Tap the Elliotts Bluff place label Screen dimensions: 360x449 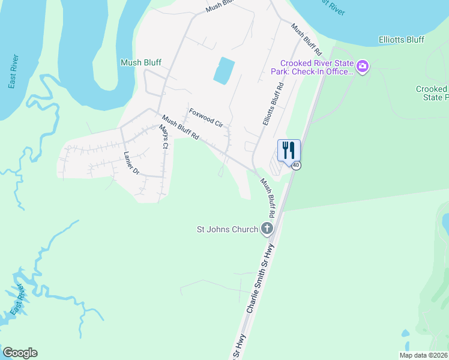pos(401,40)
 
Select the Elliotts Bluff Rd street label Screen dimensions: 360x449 pos(272,104)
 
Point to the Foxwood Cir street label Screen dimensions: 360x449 pos(206,118)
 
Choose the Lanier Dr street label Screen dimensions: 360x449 pos(131,162)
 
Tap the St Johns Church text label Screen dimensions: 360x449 pos(228,229)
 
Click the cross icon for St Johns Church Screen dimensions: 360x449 pos(267,229)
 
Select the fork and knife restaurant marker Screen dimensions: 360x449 pos(289,150)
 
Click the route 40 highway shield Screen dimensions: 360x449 pos(297,166)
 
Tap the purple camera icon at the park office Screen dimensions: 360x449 pos(362,66)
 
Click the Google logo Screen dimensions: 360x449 pos(20,353)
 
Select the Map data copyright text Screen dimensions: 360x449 pos(423,355)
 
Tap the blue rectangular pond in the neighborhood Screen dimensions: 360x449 pos(224,71)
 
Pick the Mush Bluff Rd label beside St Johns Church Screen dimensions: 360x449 pos(268,197)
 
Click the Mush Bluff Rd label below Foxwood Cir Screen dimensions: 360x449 pos(181,128)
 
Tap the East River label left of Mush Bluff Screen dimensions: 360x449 pos(14,71)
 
